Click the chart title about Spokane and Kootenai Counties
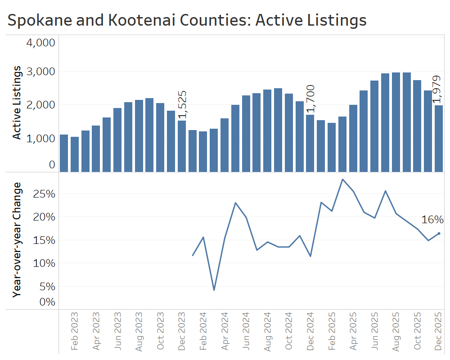(187, 20)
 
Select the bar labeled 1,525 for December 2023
(181, 146)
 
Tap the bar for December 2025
(439, 138)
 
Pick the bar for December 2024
(310, 143)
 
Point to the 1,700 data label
(310, 99)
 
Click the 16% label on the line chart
(432, 220)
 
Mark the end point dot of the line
(439, 234)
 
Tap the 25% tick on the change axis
(45, 194)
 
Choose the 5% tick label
(47, 286)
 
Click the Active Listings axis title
(17, 103)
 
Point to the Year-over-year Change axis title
(17, 239)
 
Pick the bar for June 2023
(117, 139)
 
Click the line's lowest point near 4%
(214, 290)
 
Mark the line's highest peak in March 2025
(342, 180)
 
